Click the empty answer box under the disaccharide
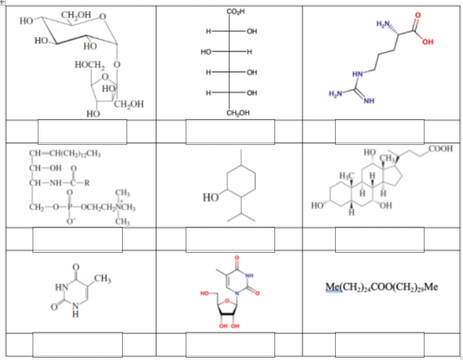[x=81, y=132]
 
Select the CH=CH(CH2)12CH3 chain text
[x=64, y=153]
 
